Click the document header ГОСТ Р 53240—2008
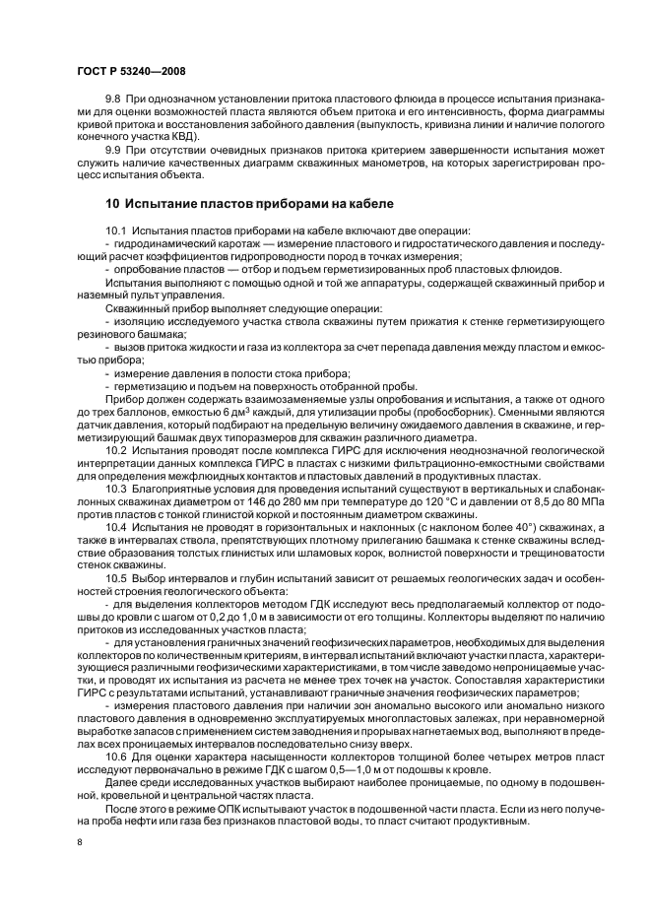coord(130,72)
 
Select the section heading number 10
coord(112,203)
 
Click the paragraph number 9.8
coord(112,100)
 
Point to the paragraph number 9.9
coord(112,148)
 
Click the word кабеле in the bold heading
coord(362,203)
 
